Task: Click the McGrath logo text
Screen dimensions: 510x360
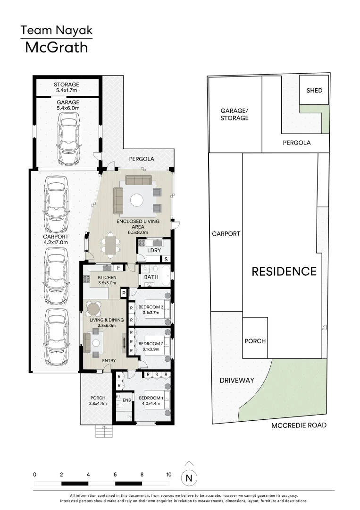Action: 56,47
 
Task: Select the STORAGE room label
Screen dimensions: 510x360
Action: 67,85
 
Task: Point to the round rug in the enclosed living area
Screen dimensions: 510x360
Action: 137,201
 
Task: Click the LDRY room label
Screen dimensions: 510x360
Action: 154,250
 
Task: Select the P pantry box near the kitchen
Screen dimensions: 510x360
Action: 123,293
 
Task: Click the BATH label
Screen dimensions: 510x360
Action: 151,277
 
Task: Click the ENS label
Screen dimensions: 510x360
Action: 127,400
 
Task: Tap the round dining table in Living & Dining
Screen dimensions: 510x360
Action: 93,309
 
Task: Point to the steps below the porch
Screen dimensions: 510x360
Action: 104,432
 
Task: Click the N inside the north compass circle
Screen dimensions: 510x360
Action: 189,478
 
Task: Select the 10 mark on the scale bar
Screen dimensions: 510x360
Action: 169,474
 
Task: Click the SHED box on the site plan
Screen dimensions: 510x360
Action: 314,90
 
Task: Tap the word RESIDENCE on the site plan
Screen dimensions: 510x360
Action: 284,272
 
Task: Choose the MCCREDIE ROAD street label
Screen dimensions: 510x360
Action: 299,425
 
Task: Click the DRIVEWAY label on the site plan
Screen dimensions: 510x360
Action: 236,380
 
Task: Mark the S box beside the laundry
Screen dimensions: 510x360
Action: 166,259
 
